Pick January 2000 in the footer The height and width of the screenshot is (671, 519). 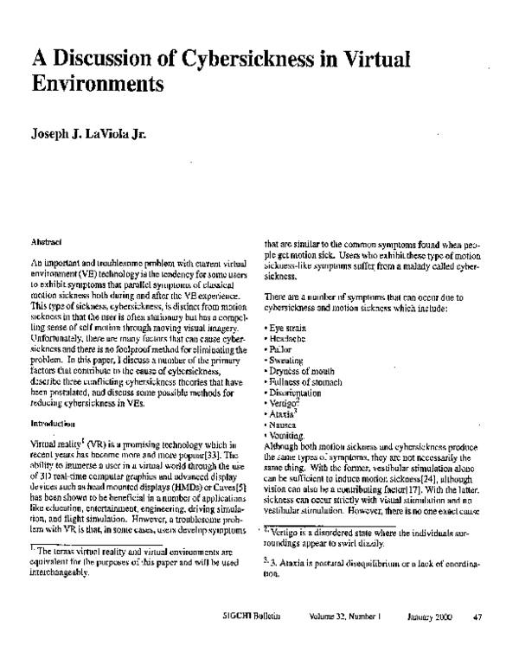429,641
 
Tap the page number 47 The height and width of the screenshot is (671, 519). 477,641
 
